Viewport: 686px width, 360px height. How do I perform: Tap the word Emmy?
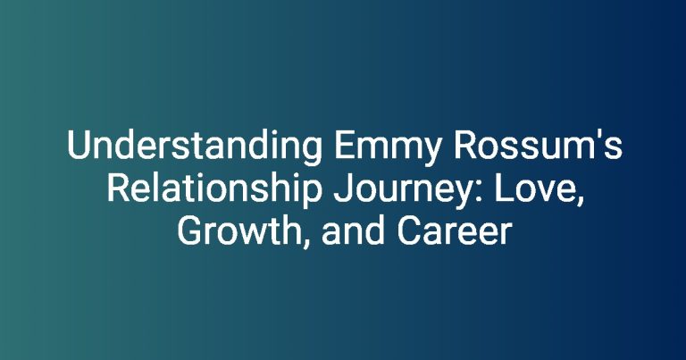coord(387,148)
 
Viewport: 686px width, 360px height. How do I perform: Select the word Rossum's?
coord(538,146)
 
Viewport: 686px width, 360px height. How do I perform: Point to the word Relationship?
coord(213,190)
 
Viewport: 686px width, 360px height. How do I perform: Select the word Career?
coord(454,231)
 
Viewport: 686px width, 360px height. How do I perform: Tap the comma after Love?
coord(580,202)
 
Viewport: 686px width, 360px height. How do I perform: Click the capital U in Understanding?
coord(79,146)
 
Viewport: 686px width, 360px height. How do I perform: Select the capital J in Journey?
coord(343,189)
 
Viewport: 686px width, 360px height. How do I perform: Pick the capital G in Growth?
coord(189,231)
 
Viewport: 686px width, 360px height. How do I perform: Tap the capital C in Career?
coord(409,231)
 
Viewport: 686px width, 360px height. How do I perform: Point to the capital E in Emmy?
coord(344,146)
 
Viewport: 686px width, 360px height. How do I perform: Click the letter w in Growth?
coord(252,235)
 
